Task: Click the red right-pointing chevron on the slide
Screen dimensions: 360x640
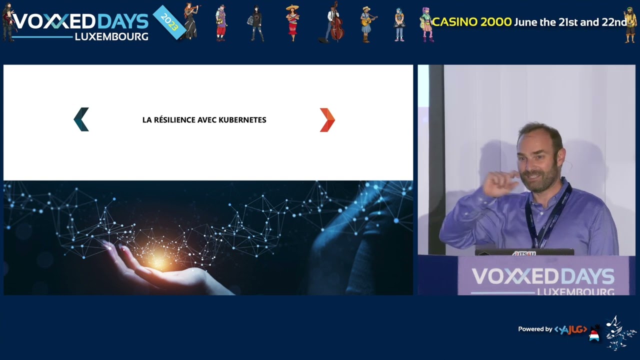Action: click(327, 120)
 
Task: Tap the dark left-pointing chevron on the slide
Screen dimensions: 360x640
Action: click(81, 119)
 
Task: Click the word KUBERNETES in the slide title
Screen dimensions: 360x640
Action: click(242, 120)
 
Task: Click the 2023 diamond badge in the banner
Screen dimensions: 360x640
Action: click(169, 22)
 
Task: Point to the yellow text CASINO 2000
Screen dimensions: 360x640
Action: click(471, 22)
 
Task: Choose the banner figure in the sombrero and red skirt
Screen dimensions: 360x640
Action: click(292, 23)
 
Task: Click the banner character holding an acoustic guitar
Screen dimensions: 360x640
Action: click(367, 24)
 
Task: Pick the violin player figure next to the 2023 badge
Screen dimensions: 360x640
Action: click(190, 21)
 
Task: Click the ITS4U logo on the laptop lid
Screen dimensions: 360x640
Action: click(524, 253)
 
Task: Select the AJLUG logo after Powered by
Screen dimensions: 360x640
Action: click(570, 329)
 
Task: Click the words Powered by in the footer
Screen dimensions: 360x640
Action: click(535, 329)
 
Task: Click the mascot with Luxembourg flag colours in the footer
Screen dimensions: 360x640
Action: click(594, 333)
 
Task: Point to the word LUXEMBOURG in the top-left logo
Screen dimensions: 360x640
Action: click(111, 37)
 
